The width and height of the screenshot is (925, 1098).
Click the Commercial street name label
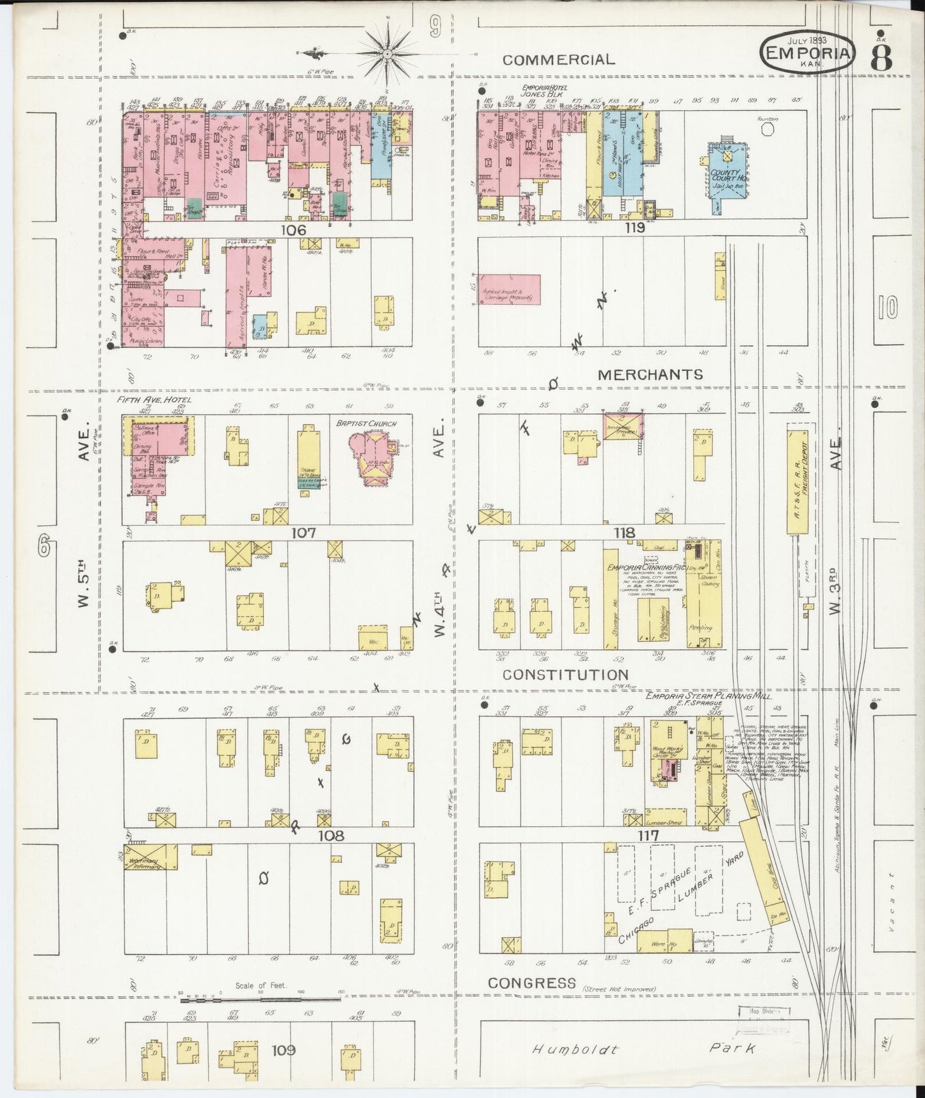tap(558, 60)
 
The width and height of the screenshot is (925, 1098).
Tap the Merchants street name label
tap(650, 374)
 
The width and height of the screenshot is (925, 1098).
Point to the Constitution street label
tap(565, 675)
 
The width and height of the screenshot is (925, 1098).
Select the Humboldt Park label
tap(640, 1049)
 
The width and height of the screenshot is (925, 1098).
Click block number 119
tap(635, 227)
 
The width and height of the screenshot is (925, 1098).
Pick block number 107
tap(303, 532)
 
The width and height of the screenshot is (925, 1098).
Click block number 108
tap(331, 835)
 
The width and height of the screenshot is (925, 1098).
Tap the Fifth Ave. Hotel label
tap(146, 400)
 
